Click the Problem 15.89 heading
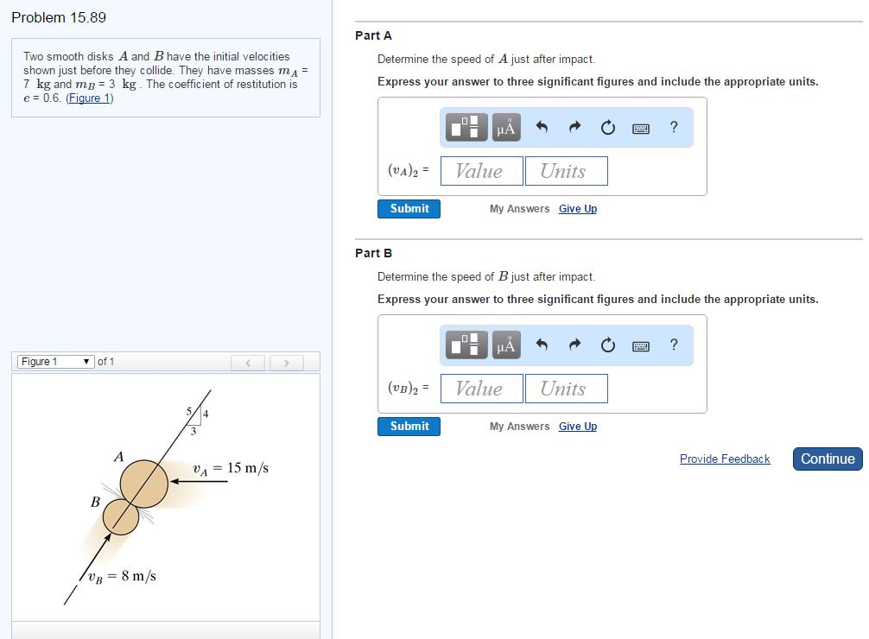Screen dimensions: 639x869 (x=59, y=17)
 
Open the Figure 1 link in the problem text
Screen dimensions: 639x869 (x=89, y=98)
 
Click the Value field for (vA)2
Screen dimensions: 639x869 (x=481, y=171)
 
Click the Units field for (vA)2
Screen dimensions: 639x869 (x=566, y=171)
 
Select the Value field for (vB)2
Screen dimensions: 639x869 (x=481, y=389)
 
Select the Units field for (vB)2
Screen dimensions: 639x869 (x=566, y=389)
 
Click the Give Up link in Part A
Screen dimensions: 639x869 (x=577, y=209)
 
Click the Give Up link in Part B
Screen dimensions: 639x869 (x=577, y=427)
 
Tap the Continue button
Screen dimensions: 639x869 (x=827, y=459)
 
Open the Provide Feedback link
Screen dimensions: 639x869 (x=724, y=459)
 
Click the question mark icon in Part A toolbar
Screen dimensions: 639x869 (x=674, y=128)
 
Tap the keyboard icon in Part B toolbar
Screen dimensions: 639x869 (x=640, y=346)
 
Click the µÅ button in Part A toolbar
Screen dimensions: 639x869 (x=506, y=128)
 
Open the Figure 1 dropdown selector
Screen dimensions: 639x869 (x=56, y=362)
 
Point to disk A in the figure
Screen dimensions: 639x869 (x=143, y=484)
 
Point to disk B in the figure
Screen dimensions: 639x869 (x=120, y=516)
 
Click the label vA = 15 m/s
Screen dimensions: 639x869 (x=231, y=469)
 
